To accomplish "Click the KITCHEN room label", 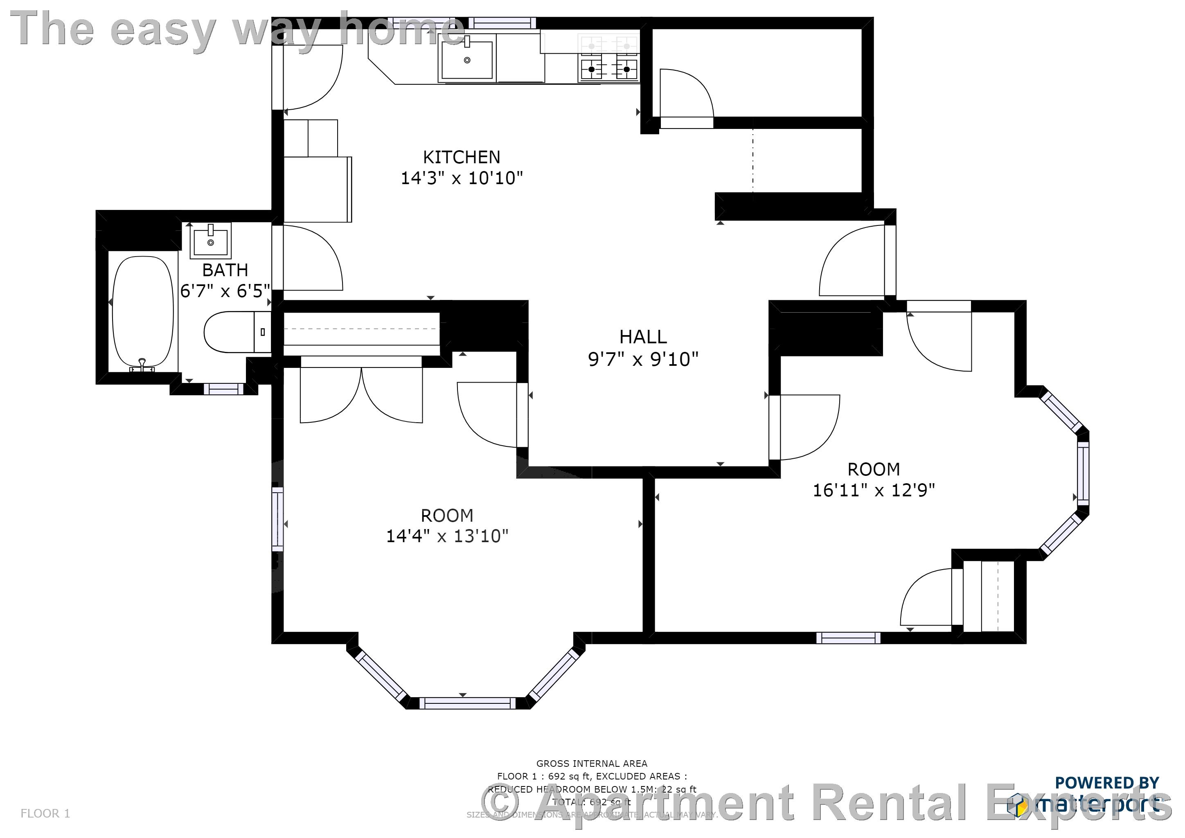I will tap(462, 157).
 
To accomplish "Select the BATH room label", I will tap(225, 270).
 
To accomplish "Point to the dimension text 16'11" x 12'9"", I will tap(874, 490).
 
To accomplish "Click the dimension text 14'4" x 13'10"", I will tap(447, 536).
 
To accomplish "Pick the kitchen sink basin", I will tap(467, 60).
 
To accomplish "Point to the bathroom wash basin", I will tap(211, 241).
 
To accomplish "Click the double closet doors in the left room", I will tap(361, 392).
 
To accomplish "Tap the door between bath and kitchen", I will tap(310, 258).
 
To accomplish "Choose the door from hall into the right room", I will tap(805, 427).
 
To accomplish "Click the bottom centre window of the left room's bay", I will tap(467, 703).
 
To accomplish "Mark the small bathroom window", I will tap(223, 389).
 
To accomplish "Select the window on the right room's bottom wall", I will tap(848, 638).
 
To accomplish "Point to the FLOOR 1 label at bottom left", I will tap(45, 814).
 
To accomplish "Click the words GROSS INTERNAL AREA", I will tap(591, 764).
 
